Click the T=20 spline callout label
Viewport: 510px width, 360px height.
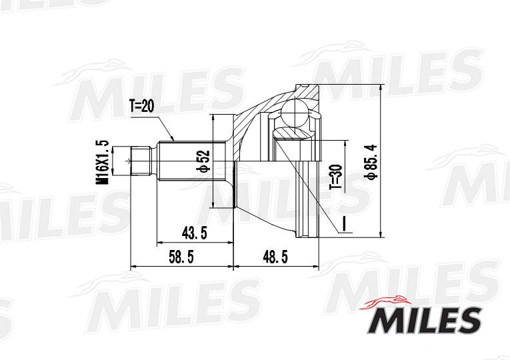142,106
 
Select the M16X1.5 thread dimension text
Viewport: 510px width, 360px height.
102,161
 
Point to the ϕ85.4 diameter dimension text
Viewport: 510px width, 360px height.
371,161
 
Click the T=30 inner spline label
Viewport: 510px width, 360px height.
335,177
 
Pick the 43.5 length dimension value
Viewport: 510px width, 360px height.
194,233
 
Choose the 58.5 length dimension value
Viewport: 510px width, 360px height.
181,257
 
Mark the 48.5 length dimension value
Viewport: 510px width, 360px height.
275,257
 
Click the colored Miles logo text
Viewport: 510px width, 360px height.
425,320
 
